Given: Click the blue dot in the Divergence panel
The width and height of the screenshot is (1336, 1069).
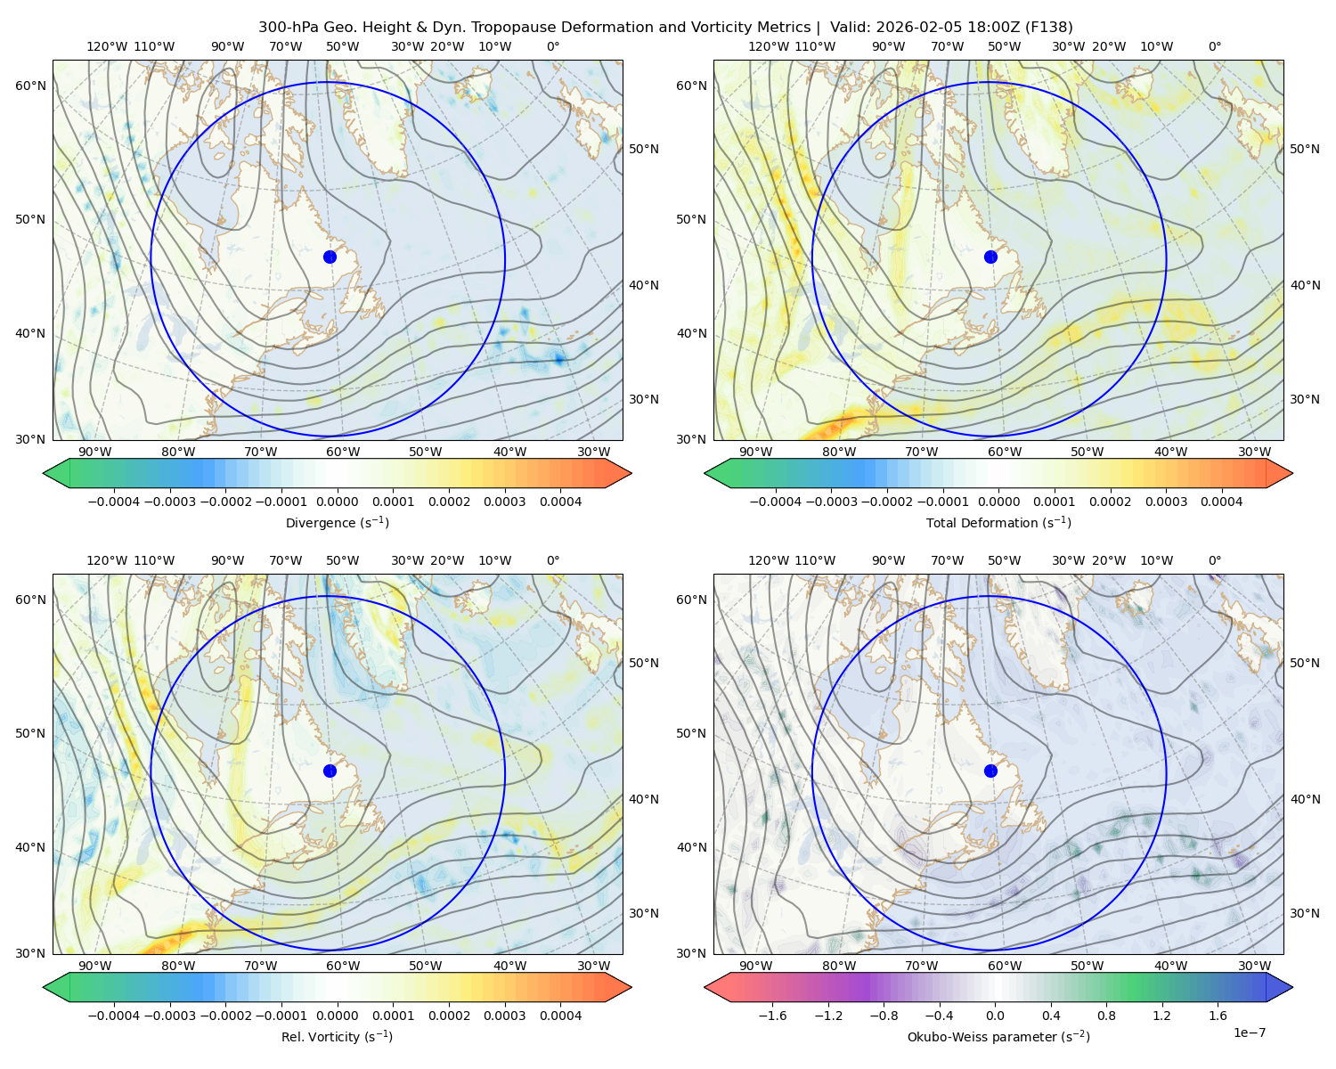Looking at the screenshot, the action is [330, 257].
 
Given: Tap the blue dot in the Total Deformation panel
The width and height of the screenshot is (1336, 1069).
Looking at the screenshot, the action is [990, 257].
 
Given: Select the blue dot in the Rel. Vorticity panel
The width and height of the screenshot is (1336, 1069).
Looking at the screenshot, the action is [330, 771].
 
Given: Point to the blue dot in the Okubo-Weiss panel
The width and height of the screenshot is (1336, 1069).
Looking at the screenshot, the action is [990, 771].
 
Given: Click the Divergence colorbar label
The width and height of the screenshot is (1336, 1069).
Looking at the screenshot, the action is [337, 522].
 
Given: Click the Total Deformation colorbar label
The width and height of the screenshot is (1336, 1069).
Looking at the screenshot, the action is [998, 522].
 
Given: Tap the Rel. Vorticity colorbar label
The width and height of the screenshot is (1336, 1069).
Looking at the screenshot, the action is [337, 1036].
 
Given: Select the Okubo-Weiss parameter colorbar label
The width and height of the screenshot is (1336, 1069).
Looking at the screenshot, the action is [998, 1036].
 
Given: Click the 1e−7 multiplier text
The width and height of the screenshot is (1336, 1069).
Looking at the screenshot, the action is [1249, 1032].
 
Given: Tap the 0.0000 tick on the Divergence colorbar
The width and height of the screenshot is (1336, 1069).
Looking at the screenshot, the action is [337, 502].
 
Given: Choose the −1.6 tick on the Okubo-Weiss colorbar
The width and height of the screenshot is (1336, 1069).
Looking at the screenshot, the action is [772, 1016].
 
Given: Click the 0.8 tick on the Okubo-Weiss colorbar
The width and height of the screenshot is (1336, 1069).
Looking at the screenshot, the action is [1106, 1016].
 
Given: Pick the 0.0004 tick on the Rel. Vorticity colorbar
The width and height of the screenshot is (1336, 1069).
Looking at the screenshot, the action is [560, 1016].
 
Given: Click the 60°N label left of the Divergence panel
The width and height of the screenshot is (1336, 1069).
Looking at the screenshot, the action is [30, 86].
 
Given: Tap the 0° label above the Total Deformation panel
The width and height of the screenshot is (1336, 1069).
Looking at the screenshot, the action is [1214, 46].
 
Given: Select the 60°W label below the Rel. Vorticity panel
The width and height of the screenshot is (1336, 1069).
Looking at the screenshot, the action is [343, 966].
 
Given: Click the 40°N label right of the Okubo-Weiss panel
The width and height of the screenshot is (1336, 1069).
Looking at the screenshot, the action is [1304, 799].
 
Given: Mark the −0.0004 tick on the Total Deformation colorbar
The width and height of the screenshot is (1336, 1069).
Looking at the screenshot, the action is [776, 502].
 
